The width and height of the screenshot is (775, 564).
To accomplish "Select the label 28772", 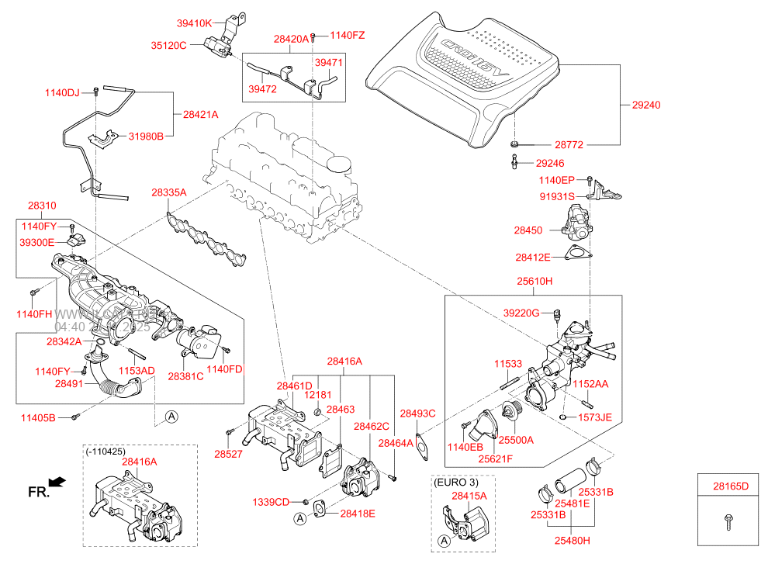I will pyautogui.click(x=569, y=145).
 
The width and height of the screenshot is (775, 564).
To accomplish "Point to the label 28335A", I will pyautogui.click(x=169, y=192).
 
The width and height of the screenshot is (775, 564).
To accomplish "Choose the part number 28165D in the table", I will pyautogui.click(x=731, y=486).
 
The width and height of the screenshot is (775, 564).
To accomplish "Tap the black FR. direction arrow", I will pyautogui.click(x=57, y=483).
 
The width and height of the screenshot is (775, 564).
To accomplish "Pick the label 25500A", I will pyautogui.click(x=516, y=440).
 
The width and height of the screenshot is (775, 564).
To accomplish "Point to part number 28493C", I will pyautogui.click(x=417, y=413).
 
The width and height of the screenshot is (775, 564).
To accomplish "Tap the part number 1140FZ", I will pyautogui.click(x=347, y=35).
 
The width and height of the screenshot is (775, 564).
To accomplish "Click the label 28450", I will pyautogui.click(x=531, y=230).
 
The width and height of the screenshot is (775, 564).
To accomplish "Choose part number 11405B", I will pyautogui.click(x=38, y=418).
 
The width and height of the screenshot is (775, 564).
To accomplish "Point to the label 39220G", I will pyautogui.click(x=521, y=313).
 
